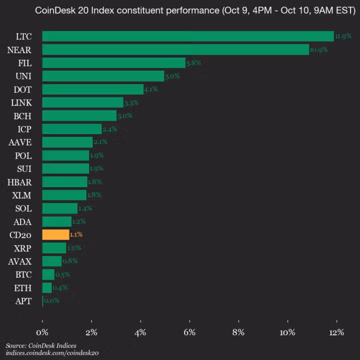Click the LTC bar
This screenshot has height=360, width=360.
point(187,36)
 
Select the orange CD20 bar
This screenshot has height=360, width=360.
point(55,234)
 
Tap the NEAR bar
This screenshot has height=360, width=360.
point(175,49)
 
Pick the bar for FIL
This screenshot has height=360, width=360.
point(113,63)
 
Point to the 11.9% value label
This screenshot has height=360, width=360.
point(343,36)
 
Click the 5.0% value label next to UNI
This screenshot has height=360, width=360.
point(172,76)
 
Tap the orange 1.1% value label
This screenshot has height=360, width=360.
point(76,234)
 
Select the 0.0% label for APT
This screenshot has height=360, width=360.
point(51,301)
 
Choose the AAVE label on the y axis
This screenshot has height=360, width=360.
point(20,142)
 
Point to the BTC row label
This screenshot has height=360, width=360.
point(23,274)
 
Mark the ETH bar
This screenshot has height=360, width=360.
point(47,287)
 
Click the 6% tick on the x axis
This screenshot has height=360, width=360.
point(189,332)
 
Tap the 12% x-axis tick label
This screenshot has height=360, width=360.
point(336,332)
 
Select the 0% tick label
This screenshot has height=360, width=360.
point(42,332)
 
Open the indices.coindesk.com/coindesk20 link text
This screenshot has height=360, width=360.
point(52,353)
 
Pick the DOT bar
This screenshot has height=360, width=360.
point(92,89)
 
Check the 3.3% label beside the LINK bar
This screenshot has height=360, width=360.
point(130,102)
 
